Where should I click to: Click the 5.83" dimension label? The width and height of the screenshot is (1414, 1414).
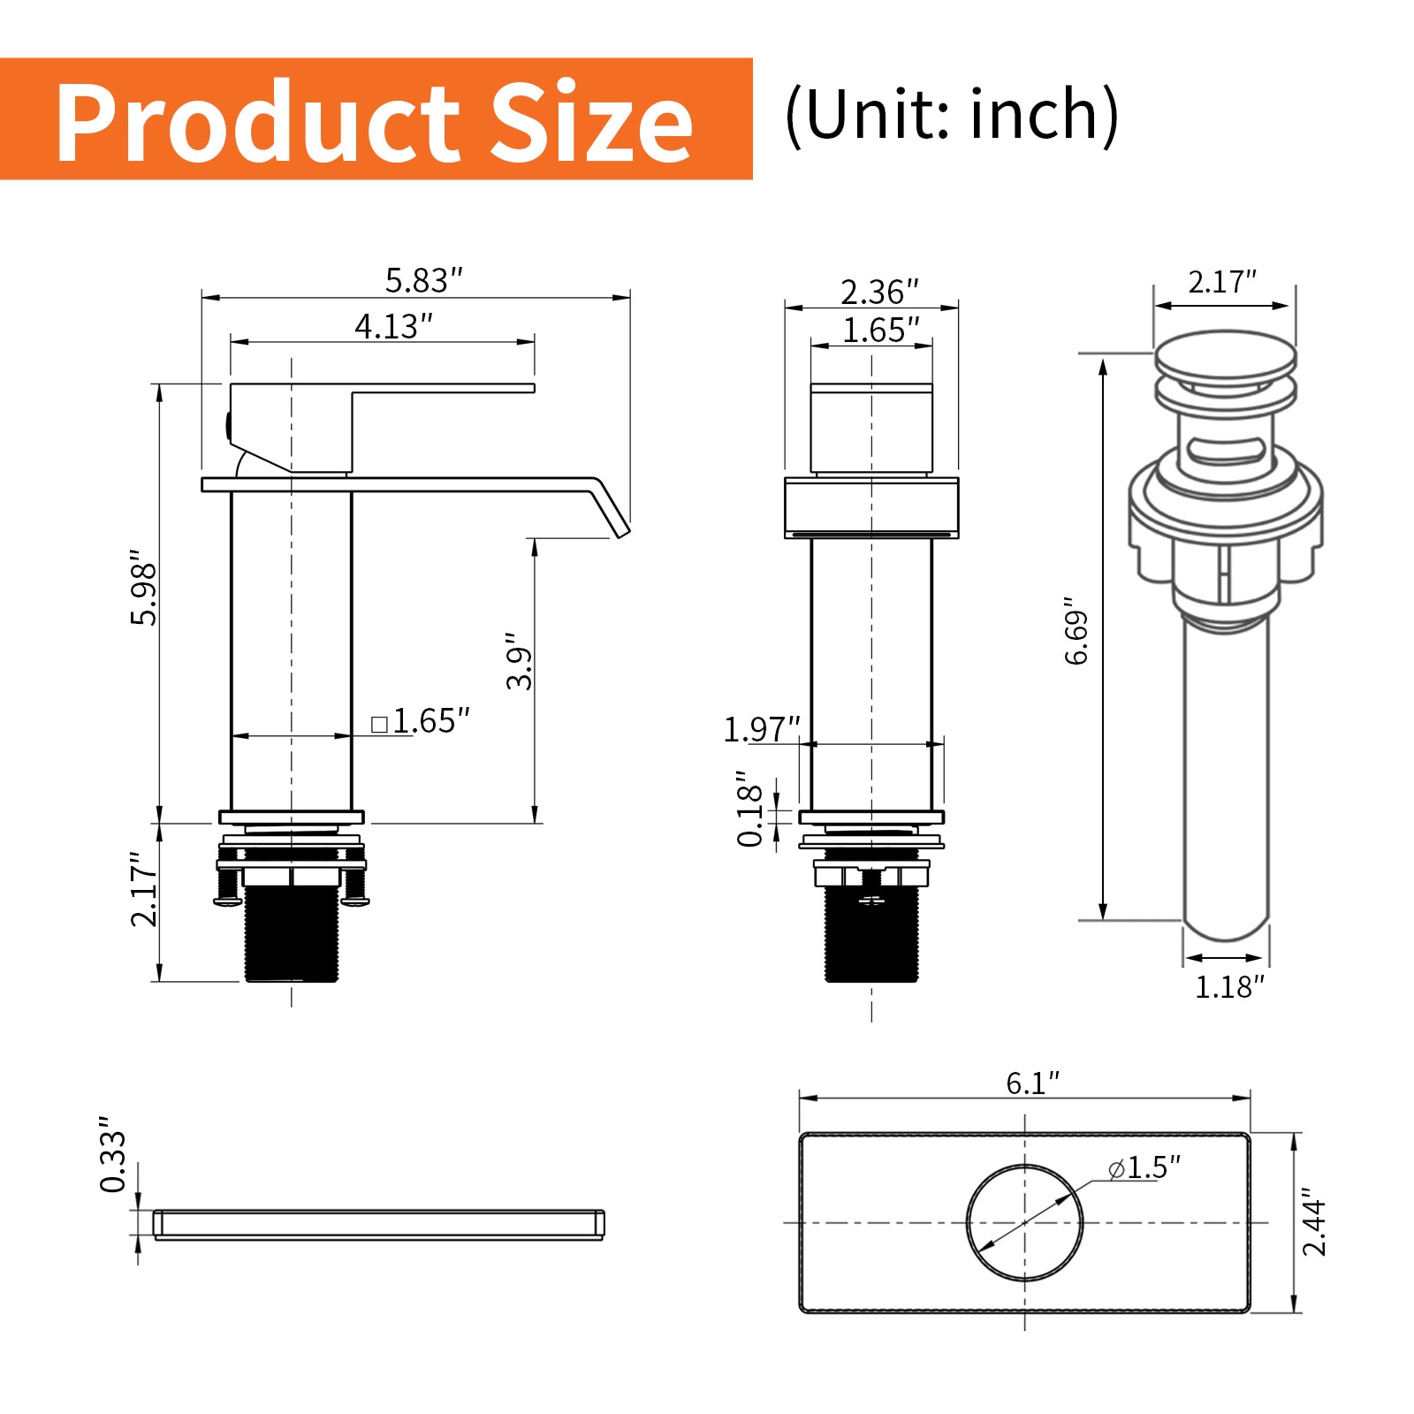pyautogui.click(x=423, y=281)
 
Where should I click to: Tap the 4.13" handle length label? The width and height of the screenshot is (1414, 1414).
pyautogui.click(x=393, y=327)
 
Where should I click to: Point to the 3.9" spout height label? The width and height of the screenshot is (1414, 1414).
pyautogui.click(x=520, y=661)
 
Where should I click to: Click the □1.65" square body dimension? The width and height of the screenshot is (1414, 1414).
pyautogui.click(x=421, y=721)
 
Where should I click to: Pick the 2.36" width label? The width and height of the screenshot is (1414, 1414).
pyautogui.click(x=879, y=292)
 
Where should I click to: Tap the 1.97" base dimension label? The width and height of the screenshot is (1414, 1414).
pyautogui.click(x=761, y=730)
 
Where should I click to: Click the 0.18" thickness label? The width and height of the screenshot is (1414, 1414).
pyautogui.click(x=750, y=808)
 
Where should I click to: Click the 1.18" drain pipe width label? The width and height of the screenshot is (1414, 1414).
pyautogui.click(x=1229, y=987)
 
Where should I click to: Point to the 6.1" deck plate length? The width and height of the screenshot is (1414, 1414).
pyautogui.click(x=1032, y=1083)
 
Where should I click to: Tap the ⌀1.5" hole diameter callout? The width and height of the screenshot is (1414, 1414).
pyautogui.click(x=1145, y=1168)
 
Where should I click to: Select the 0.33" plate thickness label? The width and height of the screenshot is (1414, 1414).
pyautogui.click(x=114, y=1154)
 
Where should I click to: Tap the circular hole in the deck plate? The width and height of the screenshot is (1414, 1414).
pyautogui.click(x=1024, y=1222)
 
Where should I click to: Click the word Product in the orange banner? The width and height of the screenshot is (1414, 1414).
pyautogui.click(x=256, y=122)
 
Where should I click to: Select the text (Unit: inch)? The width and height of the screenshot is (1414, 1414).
pyautogui.click(x=952, y=116)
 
